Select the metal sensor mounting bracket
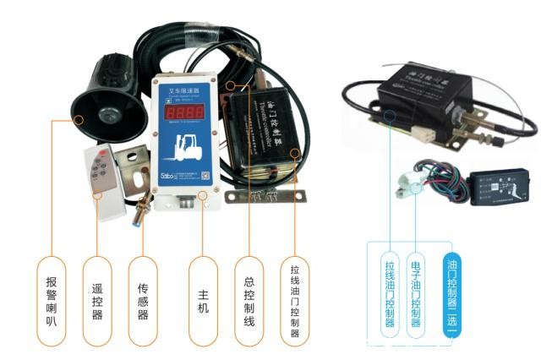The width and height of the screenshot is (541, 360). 136,170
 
